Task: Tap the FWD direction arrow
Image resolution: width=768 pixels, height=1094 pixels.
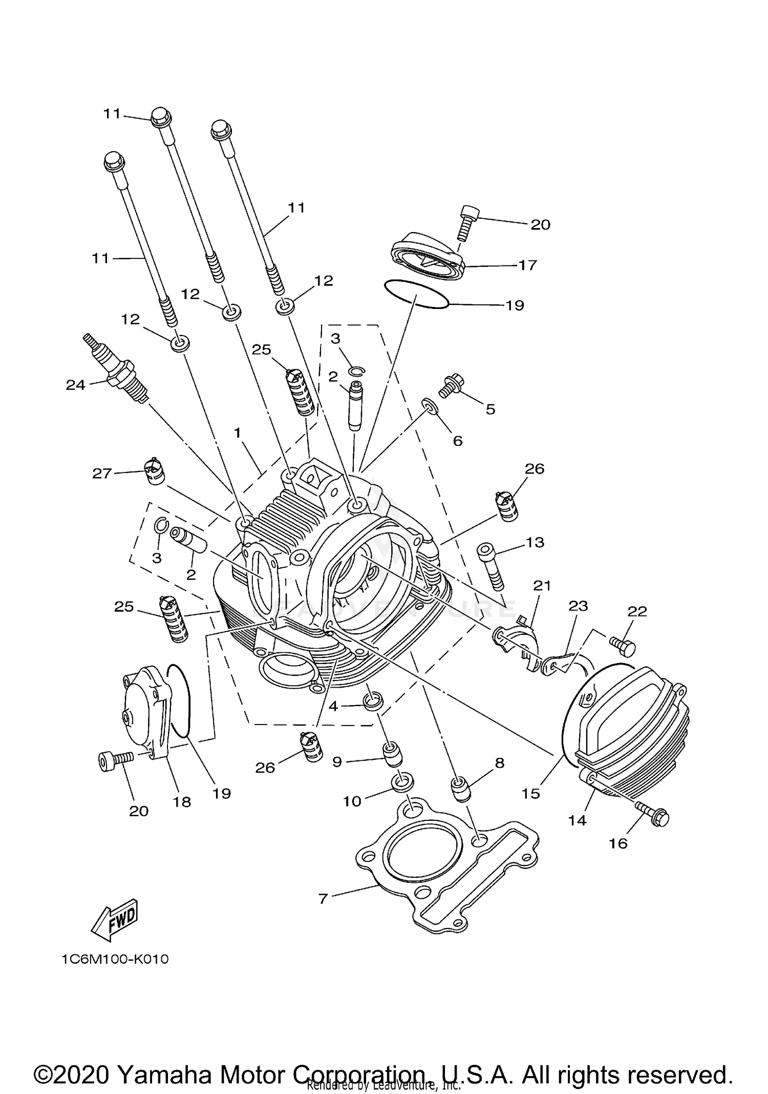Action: (115, 918)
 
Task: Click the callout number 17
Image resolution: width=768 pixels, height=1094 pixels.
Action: (527, 265)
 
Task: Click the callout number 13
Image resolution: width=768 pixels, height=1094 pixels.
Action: (535, 542)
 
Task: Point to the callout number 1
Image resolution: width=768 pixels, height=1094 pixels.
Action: (237, 434)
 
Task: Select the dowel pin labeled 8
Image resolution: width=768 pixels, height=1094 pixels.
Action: (460, 790)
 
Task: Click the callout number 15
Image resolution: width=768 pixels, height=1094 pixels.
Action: (531, 794)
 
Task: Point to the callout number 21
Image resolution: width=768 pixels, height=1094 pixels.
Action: (542, 585)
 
